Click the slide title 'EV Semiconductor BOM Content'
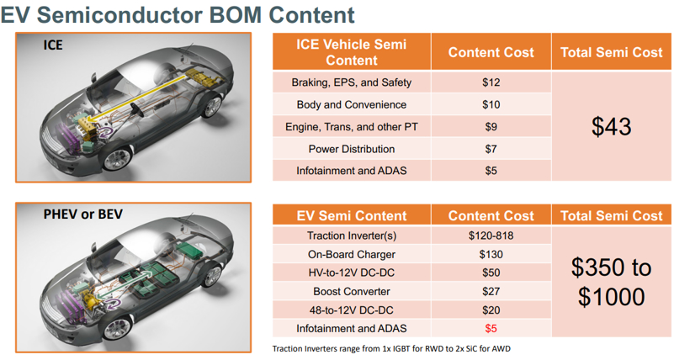(178, 14)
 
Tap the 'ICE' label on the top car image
(53, 45)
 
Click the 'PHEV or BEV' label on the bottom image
(82, 214)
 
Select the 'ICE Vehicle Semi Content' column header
(351, 52)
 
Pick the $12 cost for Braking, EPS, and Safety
(491, 82)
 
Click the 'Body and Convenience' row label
(351, 105)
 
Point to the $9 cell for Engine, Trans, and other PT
(491, 127)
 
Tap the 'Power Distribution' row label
(351, 149)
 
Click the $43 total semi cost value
(611, 126)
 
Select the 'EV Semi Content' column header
(351, 215)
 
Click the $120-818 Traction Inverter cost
(491, 236)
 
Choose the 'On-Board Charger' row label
(351, 254)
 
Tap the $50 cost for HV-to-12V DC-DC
(491, 273)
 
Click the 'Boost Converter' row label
(351, 291)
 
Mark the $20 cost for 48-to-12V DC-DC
(491, 310)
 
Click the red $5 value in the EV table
(491, 328)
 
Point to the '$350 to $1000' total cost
(611, 282)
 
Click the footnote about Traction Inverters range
(391, 349)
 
